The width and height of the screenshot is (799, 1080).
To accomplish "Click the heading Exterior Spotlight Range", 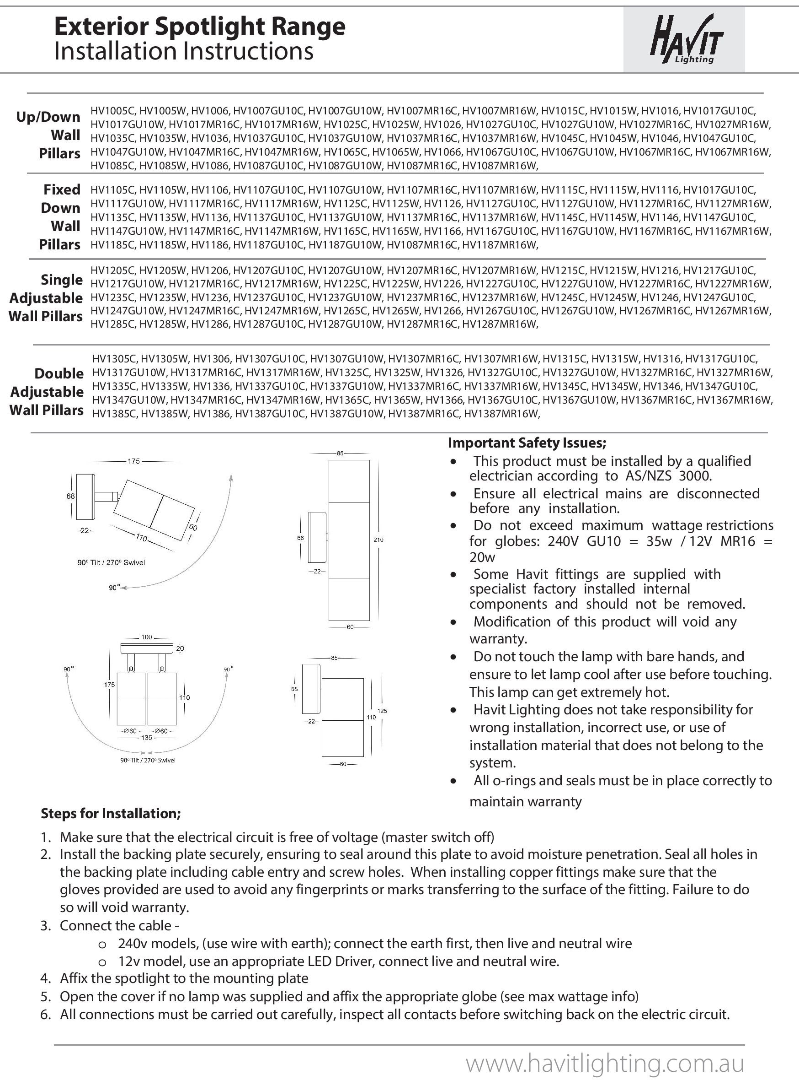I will (x=199, y=27).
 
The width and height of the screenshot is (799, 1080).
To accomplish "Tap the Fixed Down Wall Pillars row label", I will (x=59, y=216).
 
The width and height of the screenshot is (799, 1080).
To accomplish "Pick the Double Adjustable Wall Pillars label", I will (x=47, y=392).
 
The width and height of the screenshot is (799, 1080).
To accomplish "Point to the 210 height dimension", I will (x=378, y=539).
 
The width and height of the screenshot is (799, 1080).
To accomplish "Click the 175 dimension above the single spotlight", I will (x=133, y=461).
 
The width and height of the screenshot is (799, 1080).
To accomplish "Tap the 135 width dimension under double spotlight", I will (x=146, y=738).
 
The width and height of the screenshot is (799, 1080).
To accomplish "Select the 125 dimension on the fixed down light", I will (x=382, y=711).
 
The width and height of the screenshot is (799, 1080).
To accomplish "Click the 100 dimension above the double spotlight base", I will (x=146, y=637).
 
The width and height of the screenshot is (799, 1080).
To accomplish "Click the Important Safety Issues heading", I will (x=527, y=443).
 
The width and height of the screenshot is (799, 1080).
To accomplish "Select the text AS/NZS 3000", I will (x=668, y=476).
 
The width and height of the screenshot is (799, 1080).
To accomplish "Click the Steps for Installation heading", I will (x=111, y=813).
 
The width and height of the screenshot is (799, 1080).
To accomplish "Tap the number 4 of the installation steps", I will (x=45, y=978).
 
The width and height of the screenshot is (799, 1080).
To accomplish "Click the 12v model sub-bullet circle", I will (x=102, y=961).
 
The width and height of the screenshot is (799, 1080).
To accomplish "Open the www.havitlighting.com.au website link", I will (x=604, y=1064).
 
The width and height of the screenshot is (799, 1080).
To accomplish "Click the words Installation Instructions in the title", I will (x=184, y=51).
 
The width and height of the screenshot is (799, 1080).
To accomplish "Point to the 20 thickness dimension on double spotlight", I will (x=180, y=648).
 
